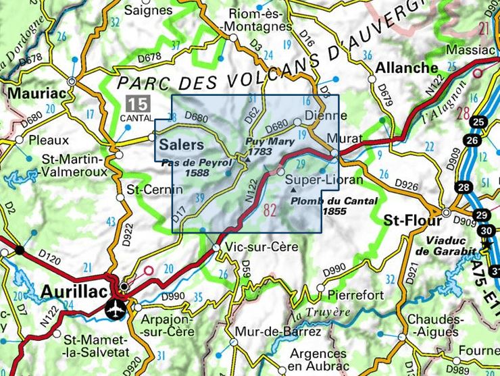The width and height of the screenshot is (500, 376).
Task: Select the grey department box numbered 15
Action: click(x=138, y=105)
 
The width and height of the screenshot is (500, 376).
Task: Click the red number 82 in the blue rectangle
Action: click(x=270, y=210)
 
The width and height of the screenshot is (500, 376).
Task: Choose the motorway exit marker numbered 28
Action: click(x=463, y=187)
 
